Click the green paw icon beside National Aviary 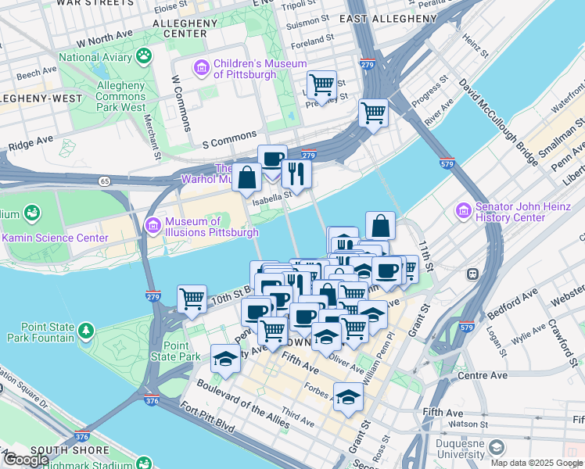point(144,55)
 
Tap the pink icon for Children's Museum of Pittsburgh point(201,68)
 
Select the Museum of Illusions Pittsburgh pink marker point(153,227)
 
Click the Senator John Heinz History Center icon point(464,212)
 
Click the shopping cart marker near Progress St point(374,113)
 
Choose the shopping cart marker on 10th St point(192,299)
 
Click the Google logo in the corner point(25,460)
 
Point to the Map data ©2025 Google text point(537,463)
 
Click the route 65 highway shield point(104,181)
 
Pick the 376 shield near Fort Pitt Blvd point(152,400)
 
